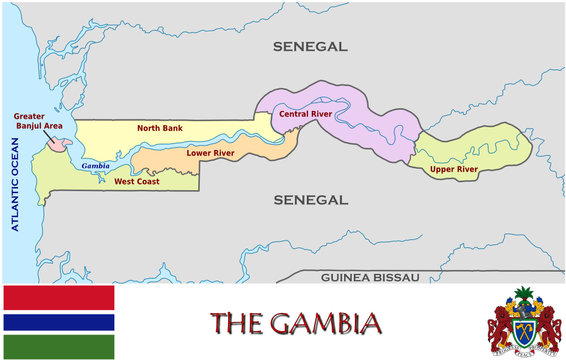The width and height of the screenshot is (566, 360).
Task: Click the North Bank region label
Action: [159, 128]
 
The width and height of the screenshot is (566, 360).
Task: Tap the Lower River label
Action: [211, 153]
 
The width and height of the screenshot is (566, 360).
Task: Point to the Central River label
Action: [305, 114]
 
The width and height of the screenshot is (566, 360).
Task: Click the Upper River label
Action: [453, 170]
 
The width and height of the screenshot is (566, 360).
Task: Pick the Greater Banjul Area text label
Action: [38, 121]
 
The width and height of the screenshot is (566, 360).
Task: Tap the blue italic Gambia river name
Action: [96, 165]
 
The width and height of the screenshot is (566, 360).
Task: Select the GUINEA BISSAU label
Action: [369, 276]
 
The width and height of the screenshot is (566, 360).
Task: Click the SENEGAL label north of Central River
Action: [310, 46]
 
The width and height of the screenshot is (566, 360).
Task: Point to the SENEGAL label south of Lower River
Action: [310, 200]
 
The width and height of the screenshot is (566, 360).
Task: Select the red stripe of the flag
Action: [59, 296]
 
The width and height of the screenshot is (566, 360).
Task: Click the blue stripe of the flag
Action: [59, 323]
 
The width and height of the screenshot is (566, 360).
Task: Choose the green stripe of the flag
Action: [59, 347]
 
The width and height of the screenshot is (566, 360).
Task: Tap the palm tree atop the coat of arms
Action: [525, 296]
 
